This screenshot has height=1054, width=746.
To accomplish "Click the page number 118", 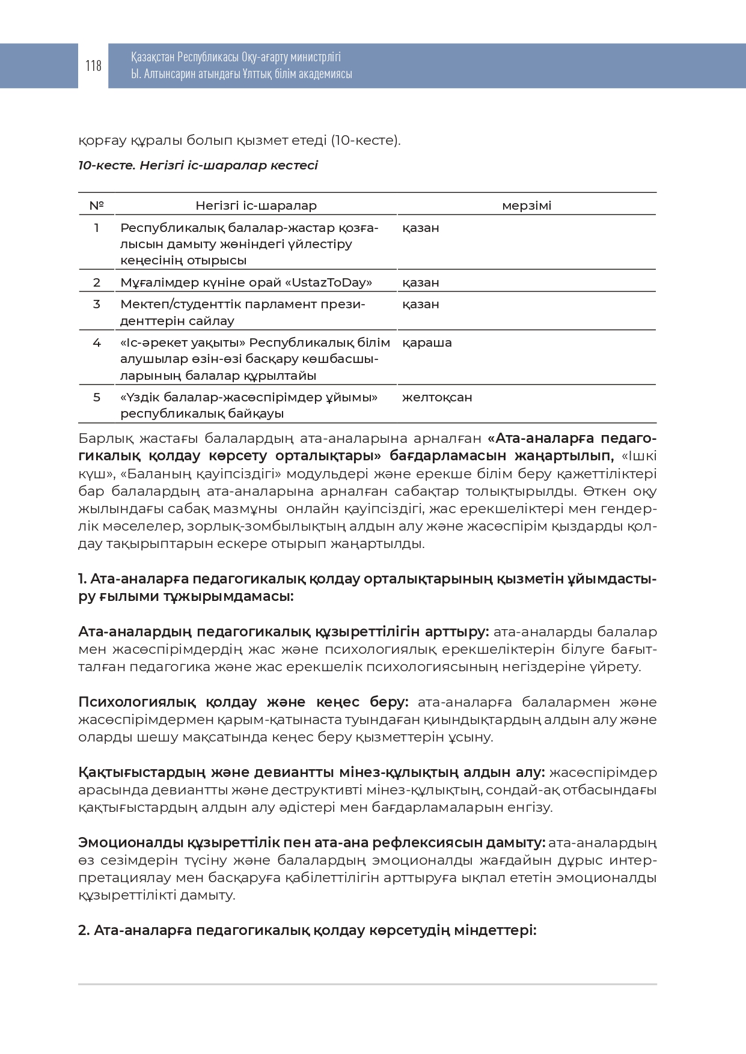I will (x=93, y=65).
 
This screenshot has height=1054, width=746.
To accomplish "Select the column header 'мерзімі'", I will (x=526, y=206).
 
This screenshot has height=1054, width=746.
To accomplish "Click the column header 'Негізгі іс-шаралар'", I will (x=255, y=206).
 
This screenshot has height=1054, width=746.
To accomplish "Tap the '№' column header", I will (x=96, y=206).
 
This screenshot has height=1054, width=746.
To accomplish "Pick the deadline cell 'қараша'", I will (x=427, y=343).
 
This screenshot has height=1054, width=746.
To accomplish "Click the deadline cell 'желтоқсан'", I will (x=437, y=397).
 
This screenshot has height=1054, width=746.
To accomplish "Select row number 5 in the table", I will (x=96, y=397).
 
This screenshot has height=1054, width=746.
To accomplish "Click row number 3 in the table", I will (x=96, y=304).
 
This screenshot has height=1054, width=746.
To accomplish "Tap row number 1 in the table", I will (x=96, y=228).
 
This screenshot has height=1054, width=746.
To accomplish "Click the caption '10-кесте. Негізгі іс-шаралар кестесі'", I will (x=198, y=165).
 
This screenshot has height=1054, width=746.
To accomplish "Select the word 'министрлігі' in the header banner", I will (x=316, y=57).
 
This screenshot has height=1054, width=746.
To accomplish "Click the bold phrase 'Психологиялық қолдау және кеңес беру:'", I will (x=243, y=702).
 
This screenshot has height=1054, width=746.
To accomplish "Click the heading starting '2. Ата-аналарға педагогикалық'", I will (x=307, y=930).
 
